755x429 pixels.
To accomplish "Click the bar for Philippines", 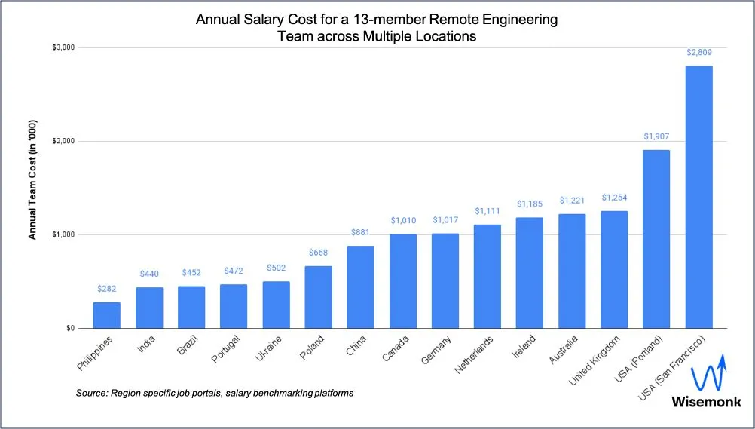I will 106,315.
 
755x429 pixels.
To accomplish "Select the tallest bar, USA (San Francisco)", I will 698,197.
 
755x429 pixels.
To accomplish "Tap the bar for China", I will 360,287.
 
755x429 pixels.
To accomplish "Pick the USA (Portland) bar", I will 656,239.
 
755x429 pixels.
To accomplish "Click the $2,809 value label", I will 698,53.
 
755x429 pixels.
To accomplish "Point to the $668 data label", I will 318,253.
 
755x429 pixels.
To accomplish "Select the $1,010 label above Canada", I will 403,221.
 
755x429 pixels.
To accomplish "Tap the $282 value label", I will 106,289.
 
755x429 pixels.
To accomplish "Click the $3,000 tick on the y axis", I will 63,47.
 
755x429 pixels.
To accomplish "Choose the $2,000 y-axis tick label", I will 63,142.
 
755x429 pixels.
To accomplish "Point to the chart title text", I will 377,28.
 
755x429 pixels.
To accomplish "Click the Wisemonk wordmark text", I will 706,403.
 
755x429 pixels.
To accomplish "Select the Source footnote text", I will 215,394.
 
